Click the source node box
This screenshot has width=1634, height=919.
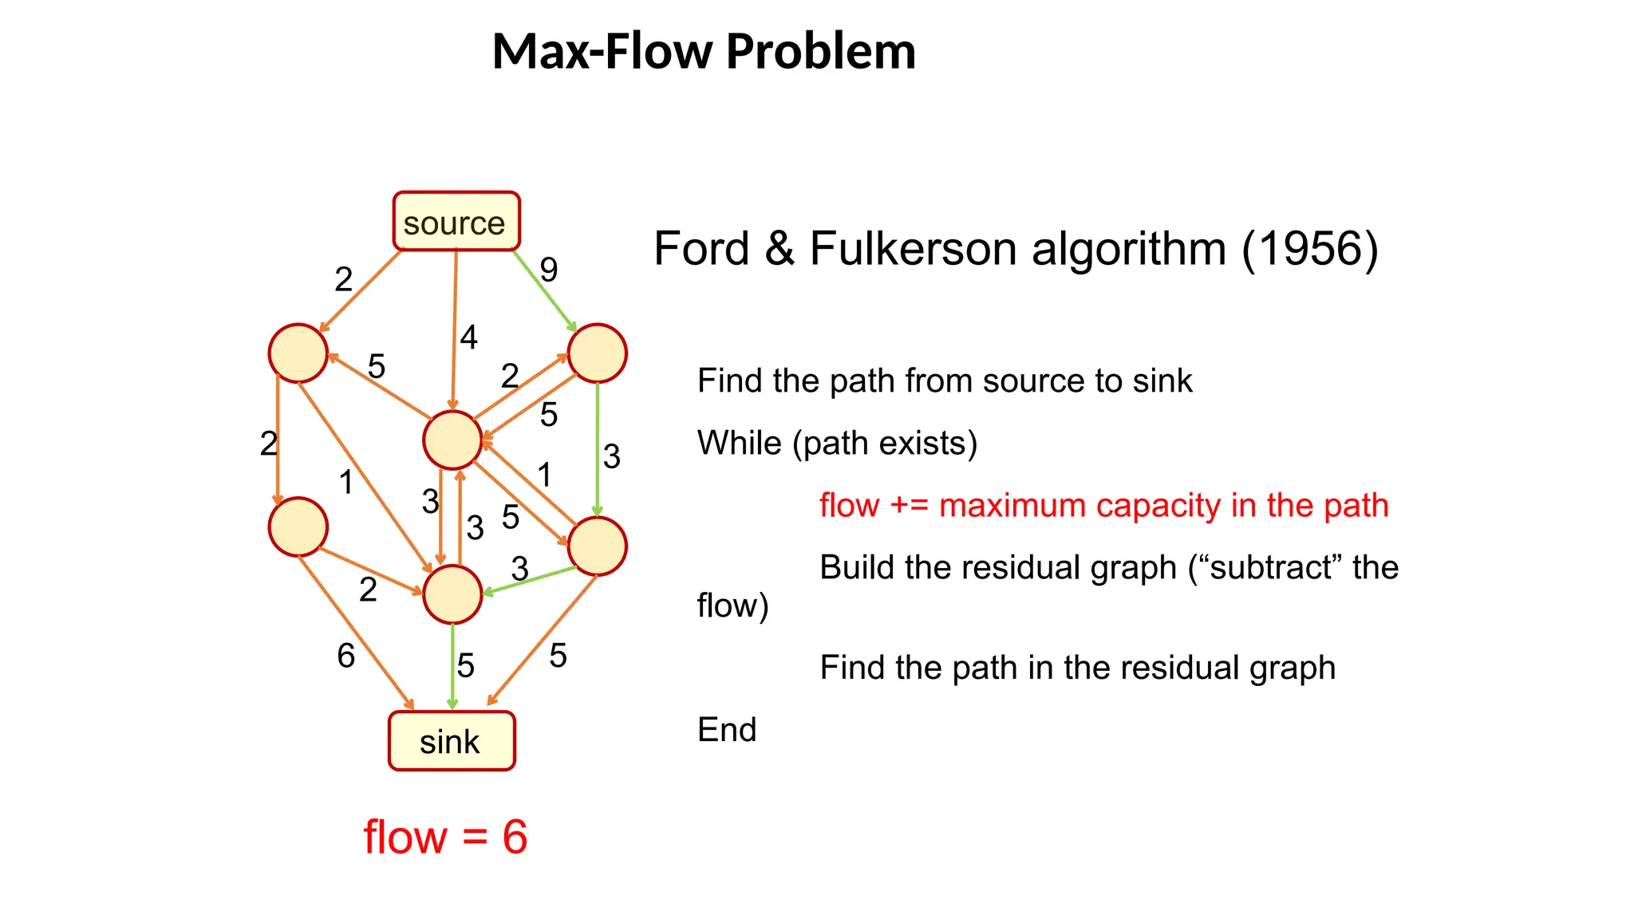coord(456,222)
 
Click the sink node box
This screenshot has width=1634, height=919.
coord(452,741)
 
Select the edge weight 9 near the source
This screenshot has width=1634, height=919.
coord(548,270)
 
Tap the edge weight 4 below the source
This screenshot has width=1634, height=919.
coord(468,337)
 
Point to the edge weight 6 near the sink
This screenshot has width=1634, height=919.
coord(345,657)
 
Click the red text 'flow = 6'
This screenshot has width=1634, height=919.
coord(445,837)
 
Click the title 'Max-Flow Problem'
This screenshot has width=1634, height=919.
coord(704,51)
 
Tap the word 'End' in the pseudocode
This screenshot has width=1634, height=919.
coord(726,729)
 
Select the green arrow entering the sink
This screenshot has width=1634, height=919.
coord(452,666)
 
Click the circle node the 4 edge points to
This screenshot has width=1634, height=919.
coord(452,440)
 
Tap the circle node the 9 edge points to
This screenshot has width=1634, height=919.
coord(597,353)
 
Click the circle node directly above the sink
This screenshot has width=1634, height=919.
coord(452,594)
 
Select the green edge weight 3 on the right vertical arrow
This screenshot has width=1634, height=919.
coord(611,457)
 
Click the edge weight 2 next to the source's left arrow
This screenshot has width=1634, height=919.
coord(343,279)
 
